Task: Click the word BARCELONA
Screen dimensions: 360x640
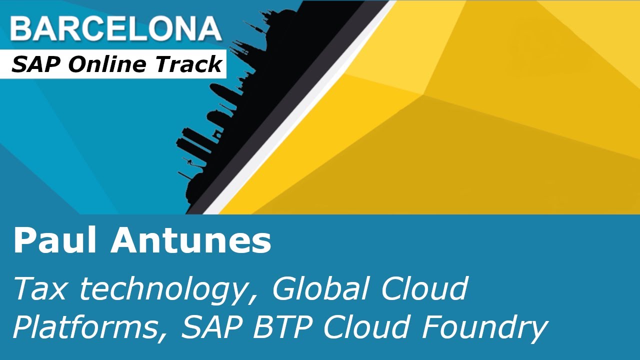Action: click(x=115, y=29)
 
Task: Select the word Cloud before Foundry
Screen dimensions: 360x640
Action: click(x=369, y=327)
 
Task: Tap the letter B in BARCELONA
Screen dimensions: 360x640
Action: click(x=21, y=29)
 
